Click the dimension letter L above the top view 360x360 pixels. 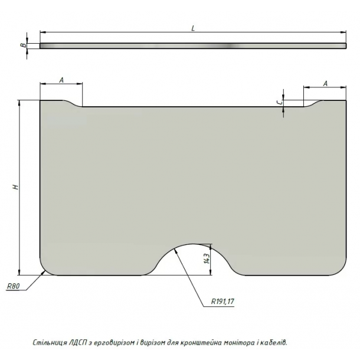(193, 28)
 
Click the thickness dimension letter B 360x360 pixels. (23, 45)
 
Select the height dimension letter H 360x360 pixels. (15, 187)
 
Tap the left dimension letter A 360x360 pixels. (61, 80)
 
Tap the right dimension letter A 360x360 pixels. (325, 84)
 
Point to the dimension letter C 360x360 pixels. (279, 103)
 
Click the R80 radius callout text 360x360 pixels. (14, 286)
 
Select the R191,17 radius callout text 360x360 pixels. (222, 301)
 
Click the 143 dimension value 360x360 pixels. (207, 258)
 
